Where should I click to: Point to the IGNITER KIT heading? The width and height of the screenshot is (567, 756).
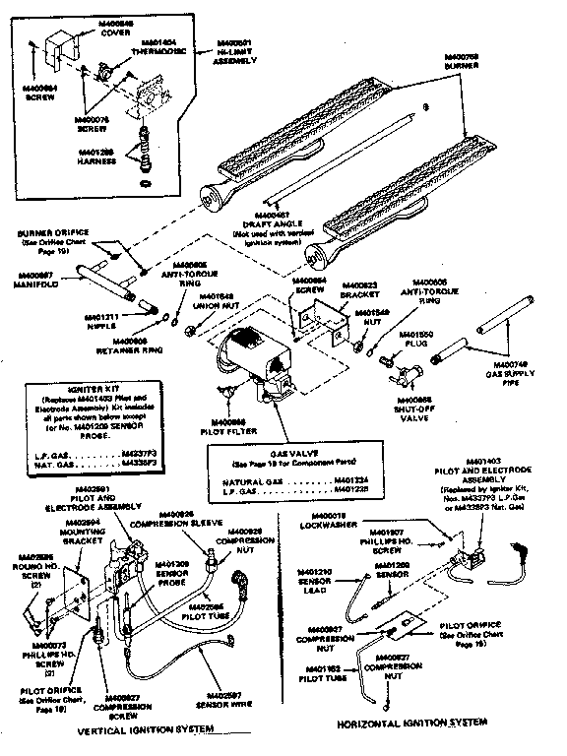tap(87, 389)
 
